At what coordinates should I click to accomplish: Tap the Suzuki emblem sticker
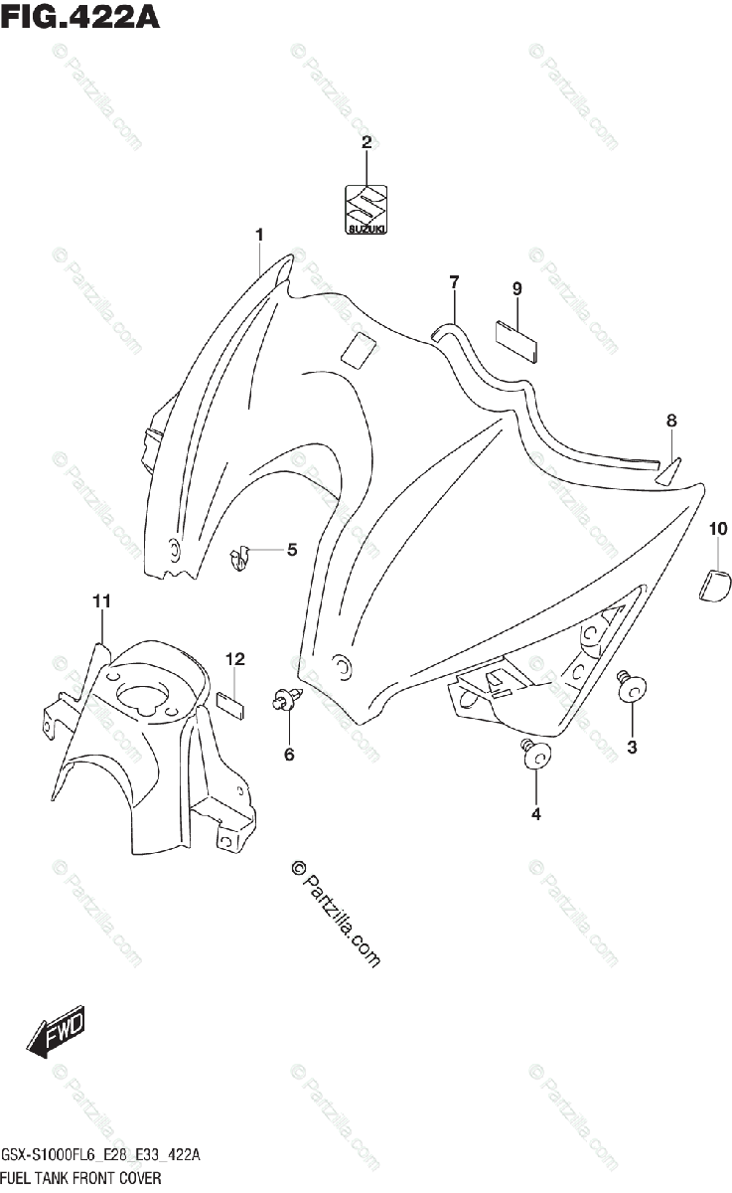(366, 211)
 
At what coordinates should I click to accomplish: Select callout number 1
(259, 235)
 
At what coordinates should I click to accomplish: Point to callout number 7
(454, 282)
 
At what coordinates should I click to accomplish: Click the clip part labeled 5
(239, 560)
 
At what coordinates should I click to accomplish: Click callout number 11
(101, 601)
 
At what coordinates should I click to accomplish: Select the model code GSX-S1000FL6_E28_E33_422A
(101, 1155)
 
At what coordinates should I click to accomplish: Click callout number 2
(366, 142)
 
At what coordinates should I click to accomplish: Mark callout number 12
(234, 659)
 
